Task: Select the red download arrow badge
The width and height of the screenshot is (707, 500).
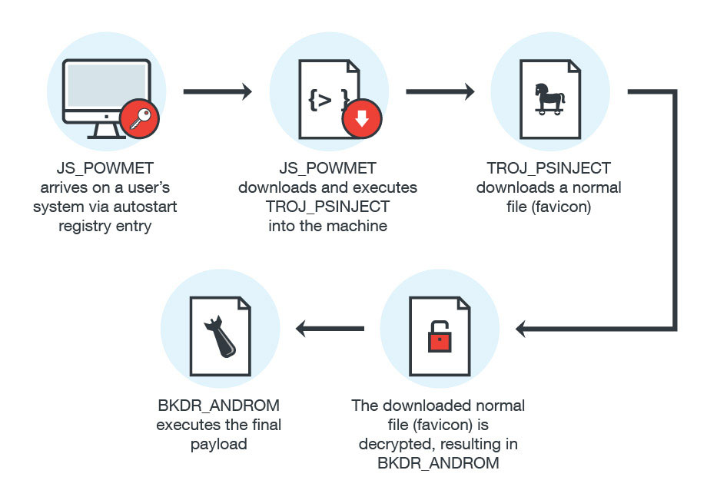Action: click(x=360, y=121)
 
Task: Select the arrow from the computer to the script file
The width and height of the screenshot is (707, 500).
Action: click(x=218, y=92)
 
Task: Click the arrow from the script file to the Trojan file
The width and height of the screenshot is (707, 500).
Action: click(x=440, y=92)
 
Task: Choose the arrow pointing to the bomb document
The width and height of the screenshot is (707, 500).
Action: click(x=330, y=329)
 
